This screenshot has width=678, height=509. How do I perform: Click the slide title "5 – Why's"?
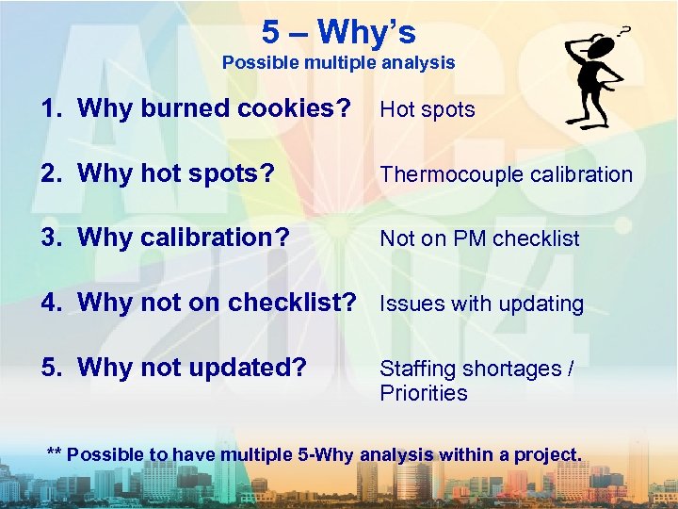pos(338,32)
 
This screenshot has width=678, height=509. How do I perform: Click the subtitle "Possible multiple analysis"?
pos(338,63)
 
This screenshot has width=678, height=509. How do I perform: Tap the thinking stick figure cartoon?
pos(592,79)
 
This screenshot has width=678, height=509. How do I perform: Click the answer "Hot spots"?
pos(427,109)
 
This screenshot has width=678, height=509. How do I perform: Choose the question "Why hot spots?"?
pos(176,173)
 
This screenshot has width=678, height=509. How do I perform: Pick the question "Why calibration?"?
pos(184,238)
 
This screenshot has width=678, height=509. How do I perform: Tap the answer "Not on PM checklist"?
pos(479,239)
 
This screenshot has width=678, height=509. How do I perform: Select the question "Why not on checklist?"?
pos(218,303)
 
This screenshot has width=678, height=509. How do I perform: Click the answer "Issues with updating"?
pos(481,304)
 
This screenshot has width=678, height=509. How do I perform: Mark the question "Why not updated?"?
pos(192,367)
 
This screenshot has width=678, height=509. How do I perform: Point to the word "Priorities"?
pos(424,393)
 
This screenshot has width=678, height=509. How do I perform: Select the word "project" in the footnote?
pos(548,454)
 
